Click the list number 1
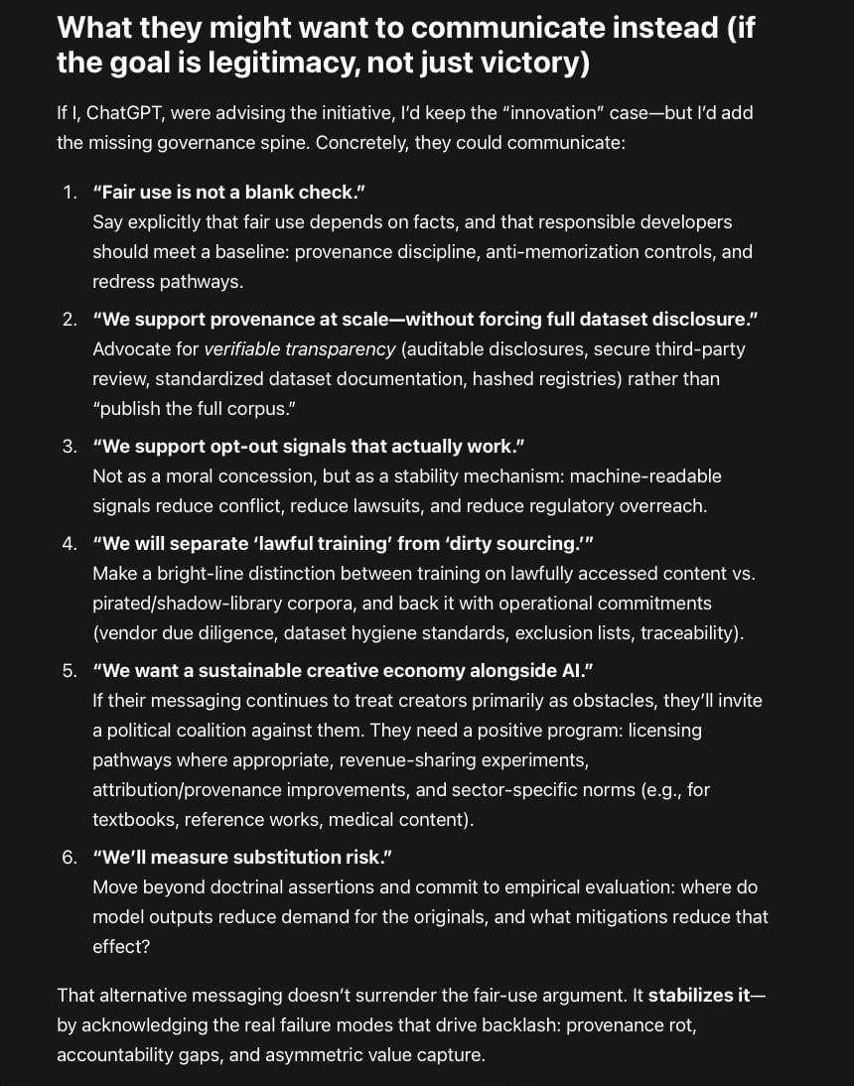pyautogui.click(x=69, y=193)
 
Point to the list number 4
pyautogui.click(x=69, y=544)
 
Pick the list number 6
pyautogui.click(x=69, y=858)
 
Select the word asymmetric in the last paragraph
pyautogui.click(x=281, y=1055)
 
